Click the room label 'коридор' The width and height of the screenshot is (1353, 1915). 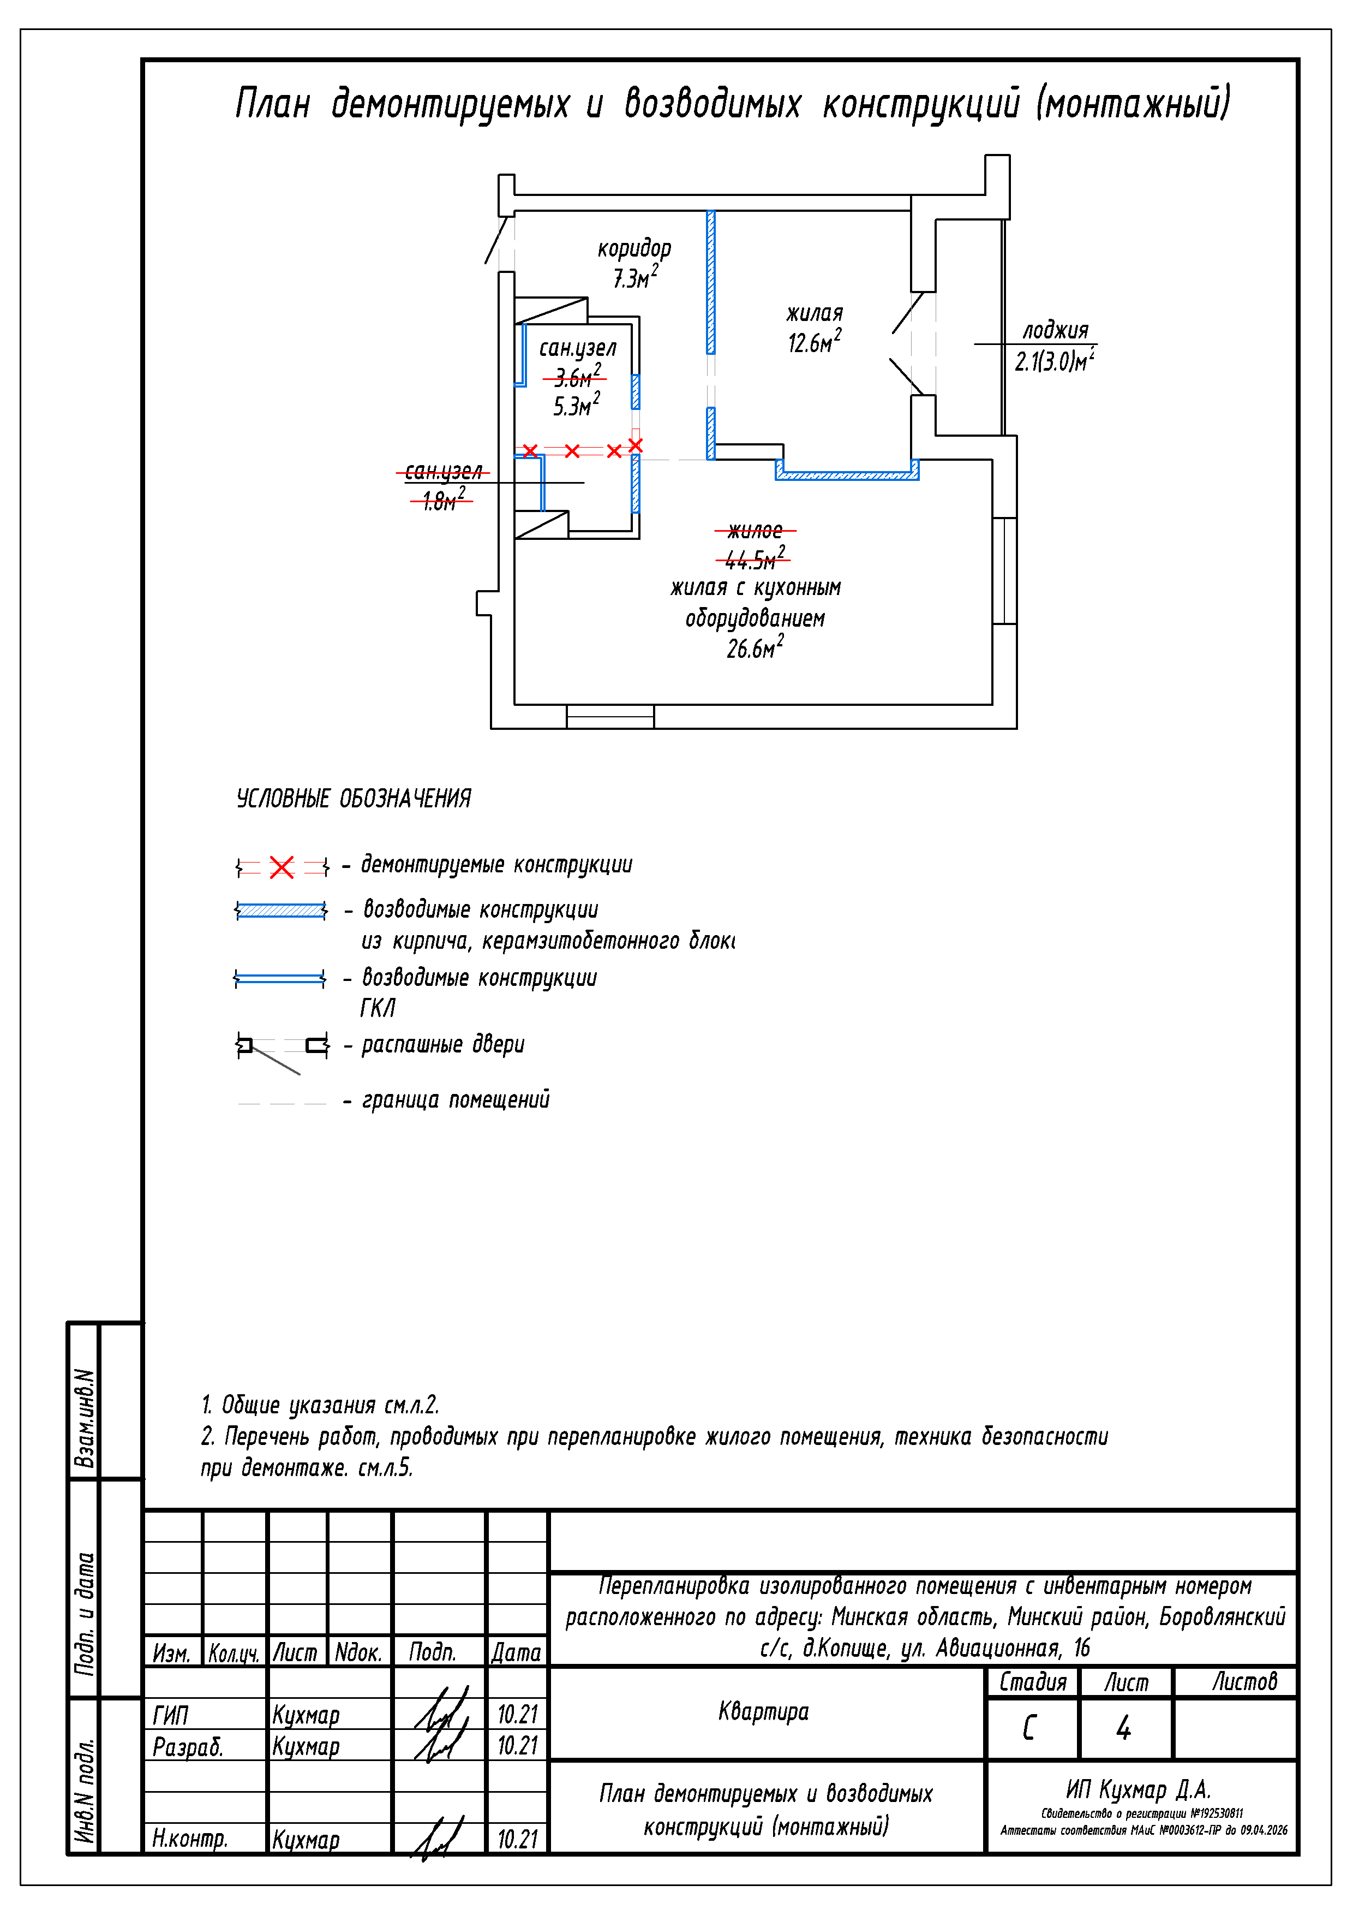tap(634, 248)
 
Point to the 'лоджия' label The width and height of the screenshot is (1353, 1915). tap(1055, 330)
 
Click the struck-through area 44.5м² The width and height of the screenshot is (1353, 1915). tap(755, 557)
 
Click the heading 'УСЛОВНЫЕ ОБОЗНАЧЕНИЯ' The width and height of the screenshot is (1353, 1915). tap(354, 798)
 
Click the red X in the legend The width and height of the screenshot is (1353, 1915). tap(282, 867)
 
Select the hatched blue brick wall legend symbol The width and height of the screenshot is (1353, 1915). tap(281, 910)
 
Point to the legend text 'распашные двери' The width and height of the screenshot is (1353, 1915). tap(442, 1044)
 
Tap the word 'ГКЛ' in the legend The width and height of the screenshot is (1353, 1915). tap(378, 1008)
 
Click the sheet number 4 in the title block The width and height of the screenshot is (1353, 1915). tap(1124, 1727)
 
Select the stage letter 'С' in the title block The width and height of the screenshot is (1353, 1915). tap(1029, 1727)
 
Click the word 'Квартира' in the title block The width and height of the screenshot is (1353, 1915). tap(764, 1712)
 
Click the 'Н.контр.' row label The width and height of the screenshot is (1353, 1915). tap(189, 1837)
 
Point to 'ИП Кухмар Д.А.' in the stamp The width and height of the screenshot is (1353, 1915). tap(1138, 1790)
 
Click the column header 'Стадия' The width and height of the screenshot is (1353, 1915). tap(1033, 1681)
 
